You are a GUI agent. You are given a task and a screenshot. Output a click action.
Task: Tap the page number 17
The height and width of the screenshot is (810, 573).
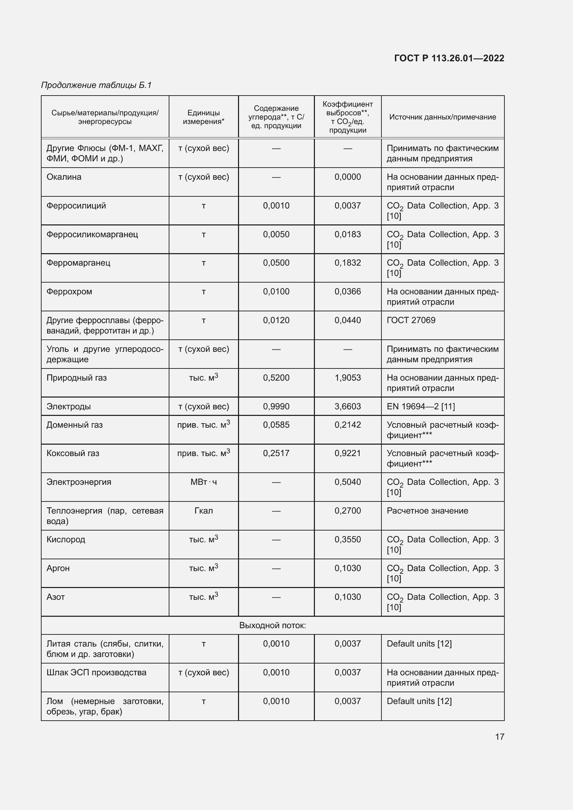(500, 737)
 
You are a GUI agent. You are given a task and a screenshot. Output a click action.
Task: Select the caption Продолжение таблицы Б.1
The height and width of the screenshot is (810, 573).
(96, 85)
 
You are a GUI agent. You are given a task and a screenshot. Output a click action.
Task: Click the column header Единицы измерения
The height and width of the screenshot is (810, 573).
(204, 117)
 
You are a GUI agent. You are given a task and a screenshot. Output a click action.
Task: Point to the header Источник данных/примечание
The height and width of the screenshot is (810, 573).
(442, 117)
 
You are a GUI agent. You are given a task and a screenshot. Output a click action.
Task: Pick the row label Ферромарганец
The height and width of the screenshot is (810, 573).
(78, 263)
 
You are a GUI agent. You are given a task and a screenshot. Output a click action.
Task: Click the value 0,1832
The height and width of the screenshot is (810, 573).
(347, 263)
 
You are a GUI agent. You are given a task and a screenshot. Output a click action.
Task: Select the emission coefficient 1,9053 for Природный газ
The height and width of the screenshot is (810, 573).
(347, 378)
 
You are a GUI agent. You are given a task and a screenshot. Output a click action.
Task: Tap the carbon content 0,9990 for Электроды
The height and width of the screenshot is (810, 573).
(276, 407)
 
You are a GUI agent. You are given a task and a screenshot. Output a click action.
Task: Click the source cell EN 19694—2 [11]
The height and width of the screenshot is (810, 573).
(421, 407)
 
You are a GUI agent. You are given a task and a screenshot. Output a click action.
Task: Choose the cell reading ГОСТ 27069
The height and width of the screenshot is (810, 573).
(411, 320)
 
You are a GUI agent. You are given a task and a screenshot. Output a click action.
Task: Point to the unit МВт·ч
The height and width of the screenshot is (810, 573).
(204, 482)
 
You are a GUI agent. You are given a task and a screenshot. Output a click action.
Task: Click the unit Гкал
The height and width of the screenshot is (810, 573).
(204, 511)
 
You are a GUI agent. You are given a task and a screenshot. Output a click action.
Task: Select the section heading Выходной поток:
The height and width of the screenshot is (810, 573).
(272, 625)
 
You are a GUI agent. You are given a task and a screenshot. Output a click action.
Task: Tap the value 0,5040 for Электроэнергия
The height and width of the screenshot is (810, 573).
(347, 482)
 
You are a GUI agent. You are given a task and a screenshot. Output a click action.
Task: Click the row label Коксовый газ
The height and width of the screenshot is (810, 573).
(73, 453)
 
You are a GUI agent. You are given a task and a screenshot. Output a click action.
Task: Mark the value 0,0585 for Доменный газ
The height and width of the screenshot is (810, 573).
(276, 425)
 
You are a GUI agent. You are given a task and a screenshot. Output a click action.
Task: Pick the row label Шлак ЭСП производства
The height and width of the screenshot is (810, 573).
(96, 673)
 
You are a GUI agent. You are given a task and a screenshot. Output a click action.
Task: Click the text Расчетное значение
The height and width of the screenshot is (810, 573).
(427, 511)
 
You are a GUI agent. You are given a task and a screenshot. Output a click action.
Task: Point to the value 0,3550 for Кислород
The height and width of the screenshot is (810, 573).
(347, 540)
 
